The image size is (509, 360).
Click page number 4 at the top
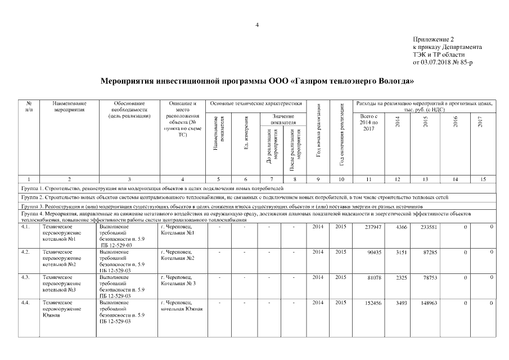coord(257,25)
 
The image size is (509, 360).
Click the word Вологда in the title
coord(394,81)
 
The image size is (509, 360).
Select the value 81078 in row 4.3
coord(374,278)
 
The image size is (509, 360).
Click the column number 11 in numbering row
coord(369,178)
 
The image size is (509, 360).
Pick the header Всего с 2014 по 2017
coord(369,123)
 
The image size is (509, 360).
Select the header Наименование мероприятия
coord(70,107)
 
